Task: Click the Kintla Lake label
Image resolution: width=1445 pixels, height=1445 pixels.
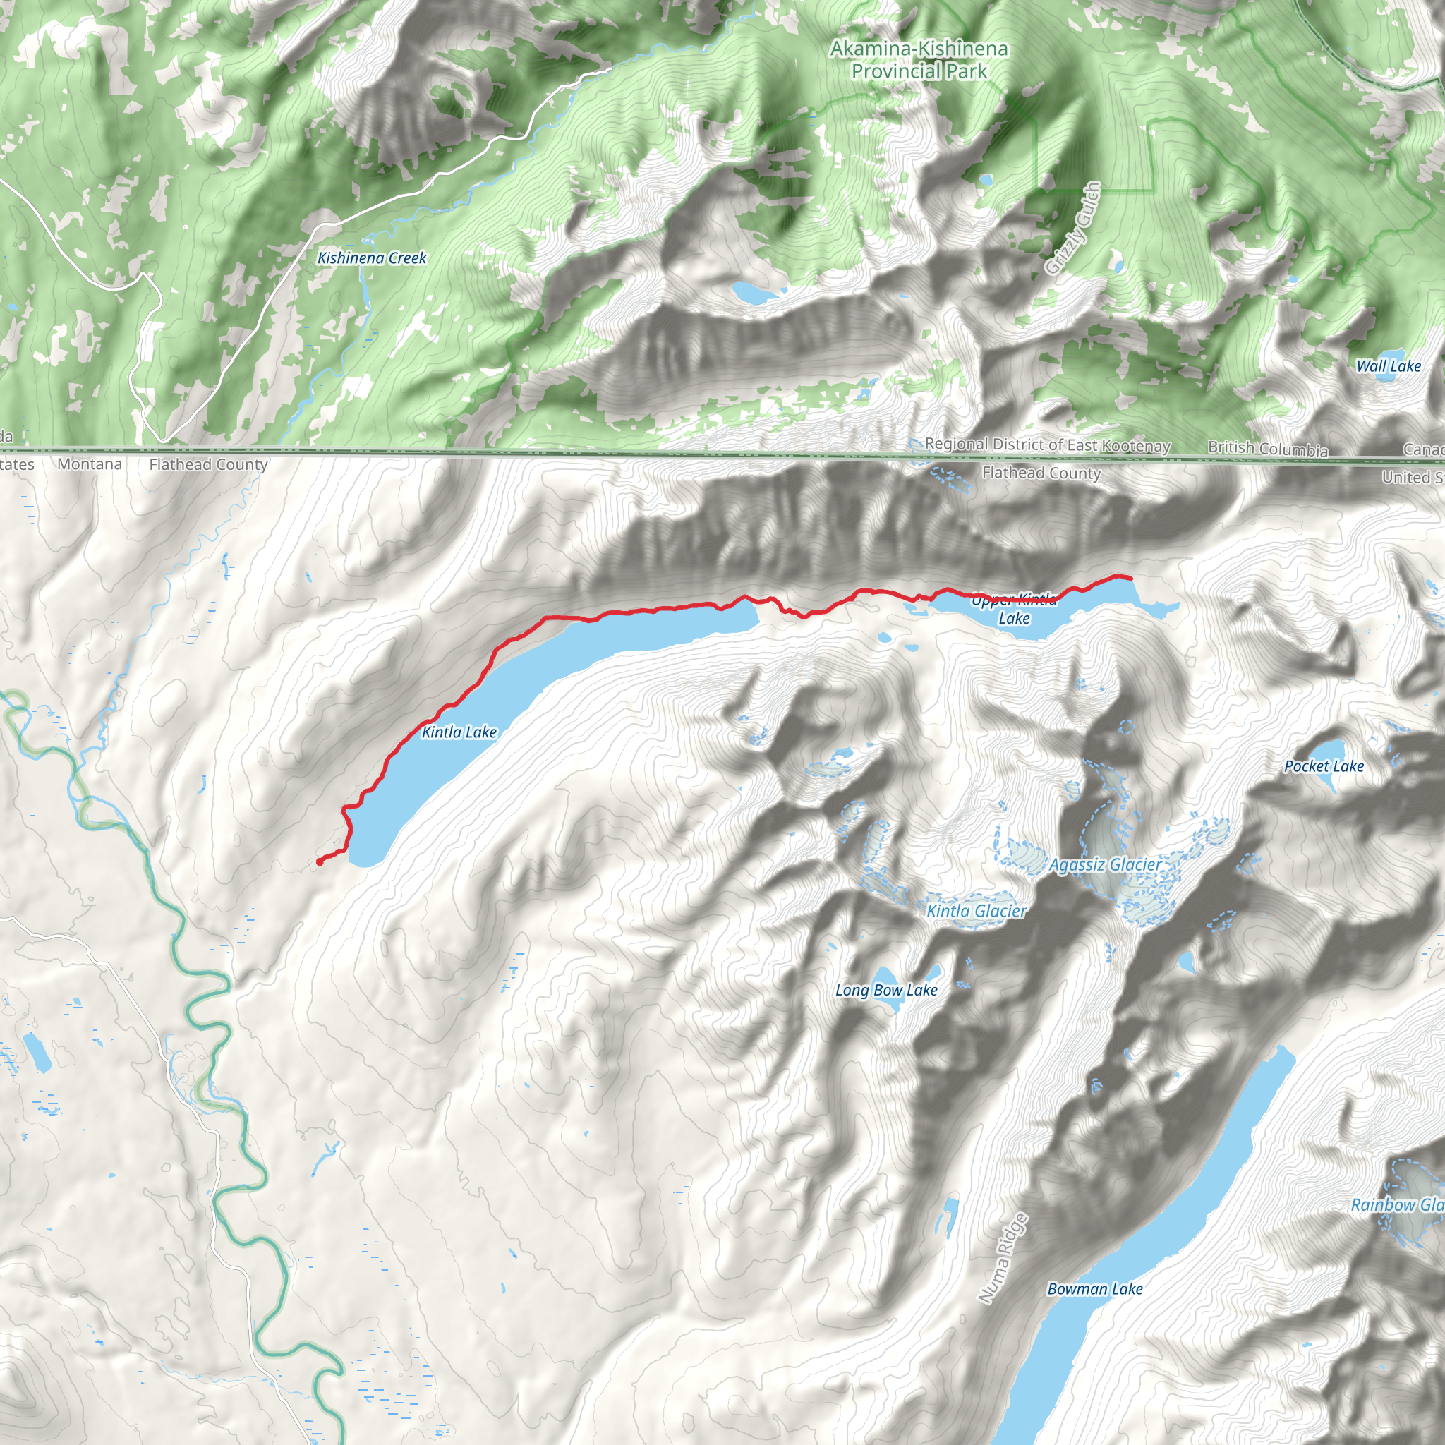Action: (459, 732)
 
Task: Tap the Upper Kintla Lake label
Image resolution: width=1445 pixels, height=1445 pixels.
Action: (1014, 610)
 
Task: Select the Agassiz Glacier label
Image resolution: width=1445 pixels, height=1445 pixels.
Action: (1106, 865)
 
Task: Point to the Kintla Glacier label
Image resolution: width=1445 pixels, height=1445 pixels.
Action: (977, 911)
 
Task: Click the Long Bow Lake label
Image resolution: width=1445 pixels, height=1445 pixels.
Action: (886, 990)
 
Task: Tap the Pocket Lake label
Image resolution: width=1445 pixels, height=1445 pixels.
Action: (1324, 767)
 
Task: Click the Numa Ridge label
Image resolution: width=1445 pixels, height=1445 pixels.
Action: (1004, 1258)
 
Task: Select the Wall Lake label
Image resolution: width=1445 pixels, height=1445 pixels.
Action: (1389, 366)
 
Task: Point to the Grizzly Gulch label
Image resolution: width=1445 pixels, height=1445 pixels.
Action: (1073, 229)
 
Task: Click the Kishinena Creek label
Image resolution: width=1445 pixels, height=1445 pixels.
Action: (372, 258)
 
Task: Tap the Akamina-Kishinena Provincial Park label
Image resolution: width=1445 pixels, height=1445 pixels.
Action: (919, 60)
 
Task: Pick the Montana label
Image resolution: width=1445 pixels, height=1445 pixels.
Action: (90, 464)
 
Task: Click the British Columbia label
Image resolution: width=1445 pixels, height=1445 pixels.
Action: (1268, 449)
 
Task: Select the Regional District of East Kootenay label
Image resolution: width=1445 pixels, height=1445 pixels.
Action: (1047, 445)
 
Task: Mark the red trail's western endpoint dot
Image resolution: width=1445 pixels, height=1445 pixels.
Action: (320, 862)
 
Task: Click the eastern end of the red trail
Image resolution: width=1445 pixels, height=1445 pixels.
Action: (1130, 577)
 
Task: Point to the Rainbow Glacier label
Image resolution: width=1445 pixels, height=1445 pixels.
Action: (1397, 1205)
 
